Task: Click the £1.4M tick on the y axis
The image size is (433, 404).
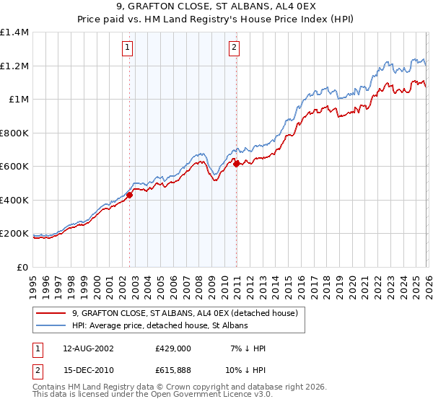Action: tap(14, 32)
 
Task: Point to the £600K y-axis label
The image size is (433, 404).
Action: tap(14, 167)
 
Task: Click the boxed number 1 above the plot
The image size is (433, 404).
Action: tap(127, 48)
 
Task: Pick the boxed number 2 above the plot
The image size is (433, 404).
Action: tap(235, 48)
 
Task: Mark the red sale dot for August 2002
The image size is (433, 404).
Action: tap(130, 195)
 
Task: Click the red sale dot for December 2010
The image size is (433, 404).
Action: tap(237, 164)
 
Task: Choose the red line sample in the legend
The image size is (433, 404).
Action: tap(52, 313)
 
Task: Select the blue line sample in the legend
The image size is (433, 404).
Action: tap(52, 326)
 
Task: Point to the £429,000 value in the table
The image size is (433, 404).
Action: tap(172, 348)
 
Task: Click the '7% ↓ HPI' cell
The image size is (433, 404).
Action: tap(248, 348)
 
